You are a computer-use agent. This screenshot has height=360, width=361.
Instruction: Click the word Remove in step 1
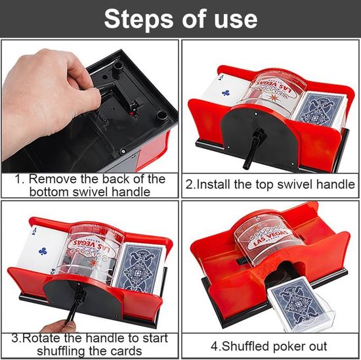[53, 179]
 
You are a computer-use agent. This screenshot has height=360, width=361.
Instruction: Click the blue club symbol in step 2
[225, 93]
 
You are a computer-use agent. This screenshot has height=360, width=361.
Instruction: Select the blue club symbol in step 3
[43, 251]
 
